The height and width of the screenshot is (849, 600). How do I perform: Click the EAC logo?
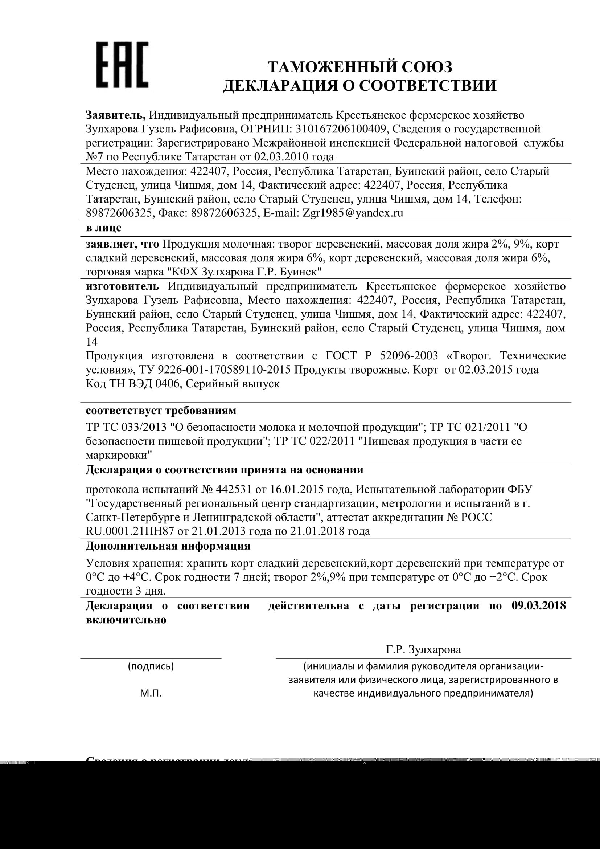pyautogui.click(x=122, y=65)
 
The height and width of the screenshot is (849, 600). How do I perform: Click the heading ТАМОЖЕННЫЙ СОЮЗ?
pyautogui.click(x=360, y=67)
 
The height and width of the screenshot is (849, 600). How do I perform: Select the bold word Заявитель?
pyautogui.click(x=116, y=115)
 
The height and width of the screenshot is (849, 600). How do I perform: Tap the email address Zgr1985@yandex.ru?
pyautogui.click(x=353, y=213)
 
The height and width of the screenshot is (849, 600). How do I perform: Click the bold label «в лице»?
pyautogui.click(x=103, y=228)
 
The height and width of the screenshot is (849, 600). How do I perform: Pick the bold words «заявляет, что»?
pyautogui.click(x=122, y=244)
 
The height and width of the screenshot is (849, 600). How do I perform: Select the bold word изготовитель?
pyautogui.click(x=122, y=286)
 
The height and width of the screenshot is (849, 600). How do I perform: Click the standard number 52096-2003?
pyautogui.click(x=408, y=356)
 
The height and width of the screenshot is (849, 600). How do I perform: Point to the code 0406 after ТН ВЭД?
pyautogui.click(x=167, y=384)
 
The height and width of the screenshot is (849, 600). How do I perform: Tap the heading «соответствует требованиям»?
pyautogui.click(x=161, y=411)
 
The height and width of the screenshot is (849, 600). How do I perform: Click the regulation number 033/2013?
pyautogui.click(x=144, y=427)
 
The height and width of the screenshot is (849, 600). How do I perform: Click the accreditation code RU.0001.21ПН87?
pyautogui.click(x=130, y=531)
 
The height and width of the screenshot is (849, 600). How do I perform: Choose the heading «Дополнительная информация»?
pyautogui.click(x=168, y=546)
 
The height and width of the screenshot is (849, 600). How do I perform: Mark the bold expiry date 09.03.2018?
pyautogui.click(x=539, y=606)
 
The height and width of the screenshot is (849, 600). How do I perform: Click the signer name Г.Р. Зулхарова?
pyautogui.click(x=423, y=650)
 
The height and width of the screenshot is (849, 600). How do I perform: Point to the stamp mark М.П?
pyautogui.click(x=151, y=693)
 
